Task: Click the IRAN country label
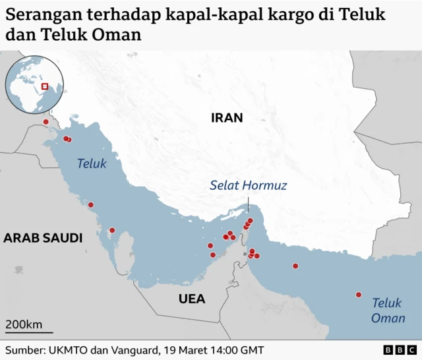point(227,118)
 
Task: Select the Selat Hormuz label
point(248,186)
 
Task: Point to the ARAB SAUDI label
point(43,238)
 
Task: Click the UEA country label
point(192,299)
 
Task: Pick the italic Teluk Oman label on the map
point(387,311)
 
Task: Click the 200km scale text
point(24,324)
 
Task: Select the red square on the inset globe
point(45,86)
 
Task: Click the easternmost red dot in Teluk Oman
point(359,295)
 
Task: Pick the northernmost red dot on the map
point(45,122)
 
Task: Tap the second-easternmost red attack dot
point(295,266)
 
